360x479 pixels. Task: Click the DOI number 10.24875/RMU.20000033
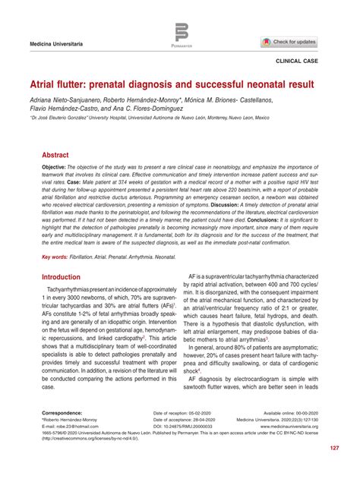188,427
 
